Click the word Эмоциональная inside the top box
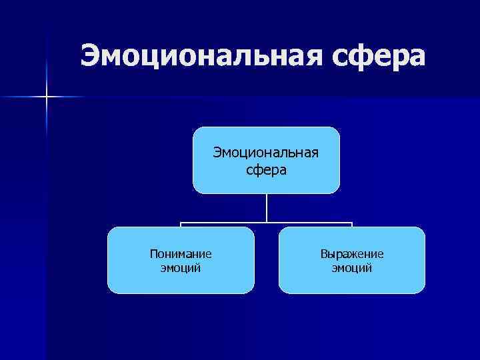pos(266,153)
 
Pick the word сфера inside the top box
pos(266,170)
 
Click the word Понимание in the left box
pos(181,254)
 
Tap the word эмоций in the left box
pos(181,268)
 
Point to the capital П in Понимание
pos(153,254)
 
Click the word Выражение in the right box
pos(351,254)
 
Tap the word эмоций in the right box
pos(351,268)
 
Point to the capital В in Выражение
pos(323,254)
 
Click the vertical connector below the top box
pos(267,207)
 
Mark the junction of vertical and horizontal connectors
pos(267,222)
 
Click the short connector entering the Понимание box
pos(181,225)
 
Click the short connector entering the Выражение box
pos(351,225)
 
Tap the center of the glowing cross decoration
pos(47,97)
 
